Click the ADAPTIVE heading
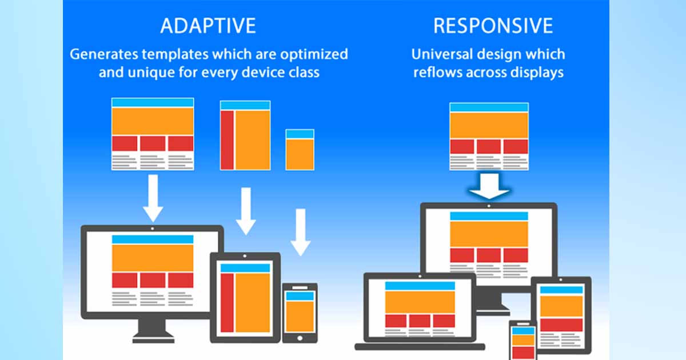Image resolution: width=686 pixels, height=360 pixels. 208,26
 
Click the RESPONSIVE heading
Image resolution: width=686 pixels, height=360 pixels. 493,26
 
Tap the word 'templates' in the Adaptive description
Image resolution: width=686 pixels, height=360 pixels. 189,54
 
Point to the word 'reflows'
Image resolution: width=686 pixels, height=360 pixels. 441,73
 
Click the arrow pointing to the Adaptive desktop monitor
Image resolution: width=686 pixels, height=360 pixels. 153,198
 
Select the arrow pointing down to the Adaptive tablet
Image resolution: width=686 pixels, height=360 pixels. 245,211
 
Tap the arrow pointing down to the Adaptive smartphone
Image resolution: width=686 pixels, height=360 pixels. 300,232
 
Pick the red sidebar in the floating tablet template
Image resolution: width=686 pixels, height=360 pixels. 227,140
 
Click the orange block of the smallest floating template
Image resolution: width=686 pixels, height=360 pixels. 300,154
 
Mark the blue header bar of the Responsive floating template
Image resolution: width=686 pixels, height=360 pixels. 489,107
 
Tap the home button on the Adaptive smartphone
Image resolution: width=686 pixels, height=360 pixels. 300,337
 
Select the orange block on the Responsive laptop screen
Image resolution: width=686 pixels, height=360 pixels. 420,302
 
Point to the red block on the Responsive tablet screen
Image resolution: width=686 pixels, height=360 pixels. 561,325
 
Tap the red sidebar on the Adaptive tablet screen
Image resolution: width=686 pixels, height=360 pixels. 227,302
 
